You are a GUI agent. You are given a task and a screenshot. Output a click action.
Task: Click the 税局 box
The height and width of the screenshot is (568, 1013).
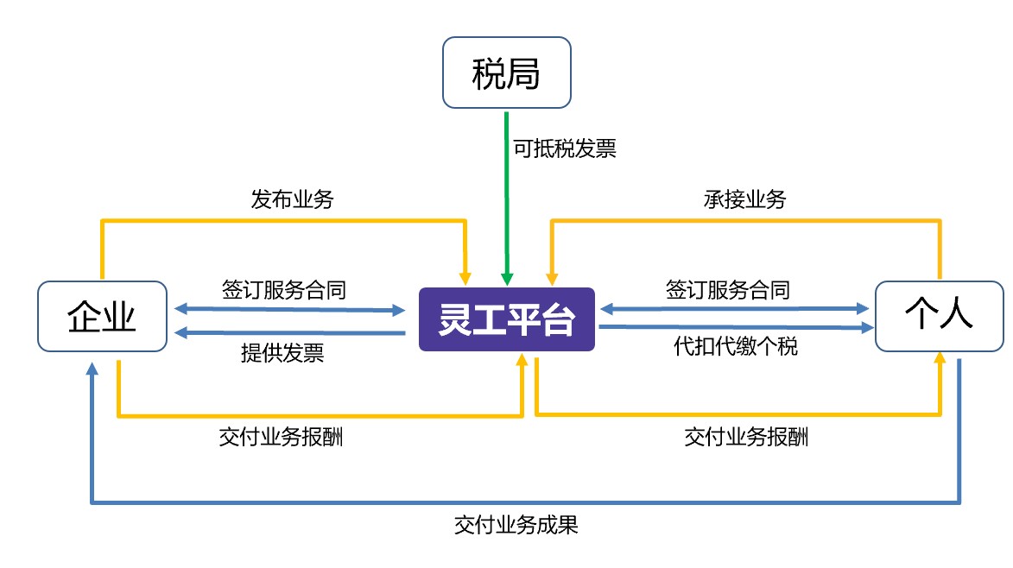point(506,73)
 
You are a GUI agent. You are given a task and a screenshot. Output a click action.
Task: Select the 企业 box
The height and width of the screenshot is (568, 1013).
point(103,317)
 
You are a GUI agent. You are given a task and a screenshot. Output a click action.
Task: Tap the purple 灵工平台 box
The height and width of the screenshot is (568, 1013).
point(507,319)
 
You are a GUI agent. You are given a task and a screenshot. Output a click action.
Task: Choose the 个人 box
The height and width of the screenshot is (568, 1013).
point(940,317)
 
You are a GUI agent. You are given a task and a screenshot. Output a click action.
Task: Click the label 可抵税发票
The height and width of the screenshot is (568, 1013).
point(564,148)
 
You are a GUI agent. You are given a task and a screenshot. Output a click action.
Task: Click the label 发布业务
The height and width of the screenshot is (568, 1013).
point(292,200)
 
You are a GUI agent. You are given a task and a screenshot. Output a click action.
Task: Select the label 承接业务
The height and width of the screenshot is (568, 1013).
point(744,200)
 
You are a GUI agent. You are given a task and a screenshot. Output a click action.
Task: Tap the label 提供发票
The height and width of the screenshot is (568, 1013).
point(282,352)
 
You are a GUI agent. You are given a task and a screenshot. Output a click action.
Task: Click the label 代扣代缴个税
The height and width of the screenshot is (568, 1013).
point(735,347)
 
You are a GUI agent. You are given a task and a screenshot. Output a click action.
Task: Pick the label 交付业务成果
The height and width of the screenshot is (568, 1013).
point(516,525)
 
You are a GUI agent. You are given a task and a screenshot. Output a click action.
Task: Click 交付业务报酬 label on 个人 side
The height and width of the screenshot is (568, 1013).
point(746,437)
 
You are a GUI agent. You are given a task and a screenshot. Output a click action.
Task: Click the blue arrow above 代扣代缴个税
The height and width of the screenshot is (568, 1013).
point(734,327)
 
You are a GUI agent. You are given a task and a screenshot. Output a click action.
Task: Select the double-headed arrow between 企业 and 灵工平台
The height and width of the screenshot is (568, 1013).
point(289,308)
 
